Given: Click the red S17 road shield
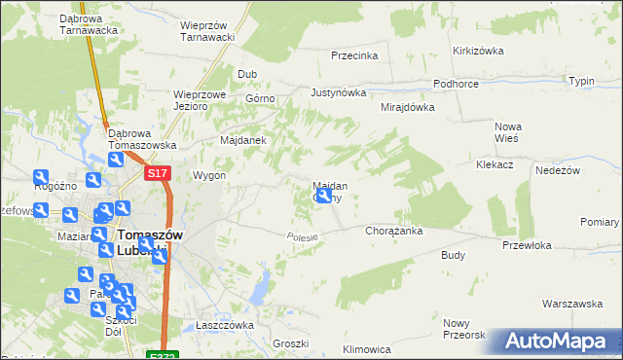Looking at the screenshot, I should tap(159, 173).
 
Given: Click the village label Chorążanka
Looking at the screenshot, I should tap(392, 232).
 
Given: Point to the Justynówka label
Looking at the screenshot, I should tap(338, 93).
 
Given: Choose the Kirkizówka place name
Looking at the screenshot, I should tap(476, 51).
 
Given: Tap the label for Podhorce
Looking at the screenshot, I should tap(456, 85).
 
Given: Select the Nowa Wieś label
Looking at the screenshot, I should tap(508, 132).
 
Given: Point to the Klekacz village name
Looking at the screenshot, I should tap(495, 165).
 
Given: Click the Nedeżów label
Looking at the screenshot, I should tap(559, 170).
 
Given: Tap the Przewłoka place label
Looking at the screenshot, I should tap(527, 246).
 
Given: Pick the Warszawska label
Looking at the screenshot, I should tap(573, 304).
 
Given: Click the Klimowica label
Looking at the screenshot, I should tap(367, 348).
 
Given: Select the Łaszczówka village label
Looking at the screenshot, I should tap(224, 325).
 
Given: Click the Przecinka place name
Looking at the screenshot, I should tap(354, 55).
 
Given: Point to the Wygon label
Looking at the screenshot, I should tap(209, 176).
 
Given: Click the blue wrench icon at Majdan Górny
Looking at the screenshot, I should tap(324, 197).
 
